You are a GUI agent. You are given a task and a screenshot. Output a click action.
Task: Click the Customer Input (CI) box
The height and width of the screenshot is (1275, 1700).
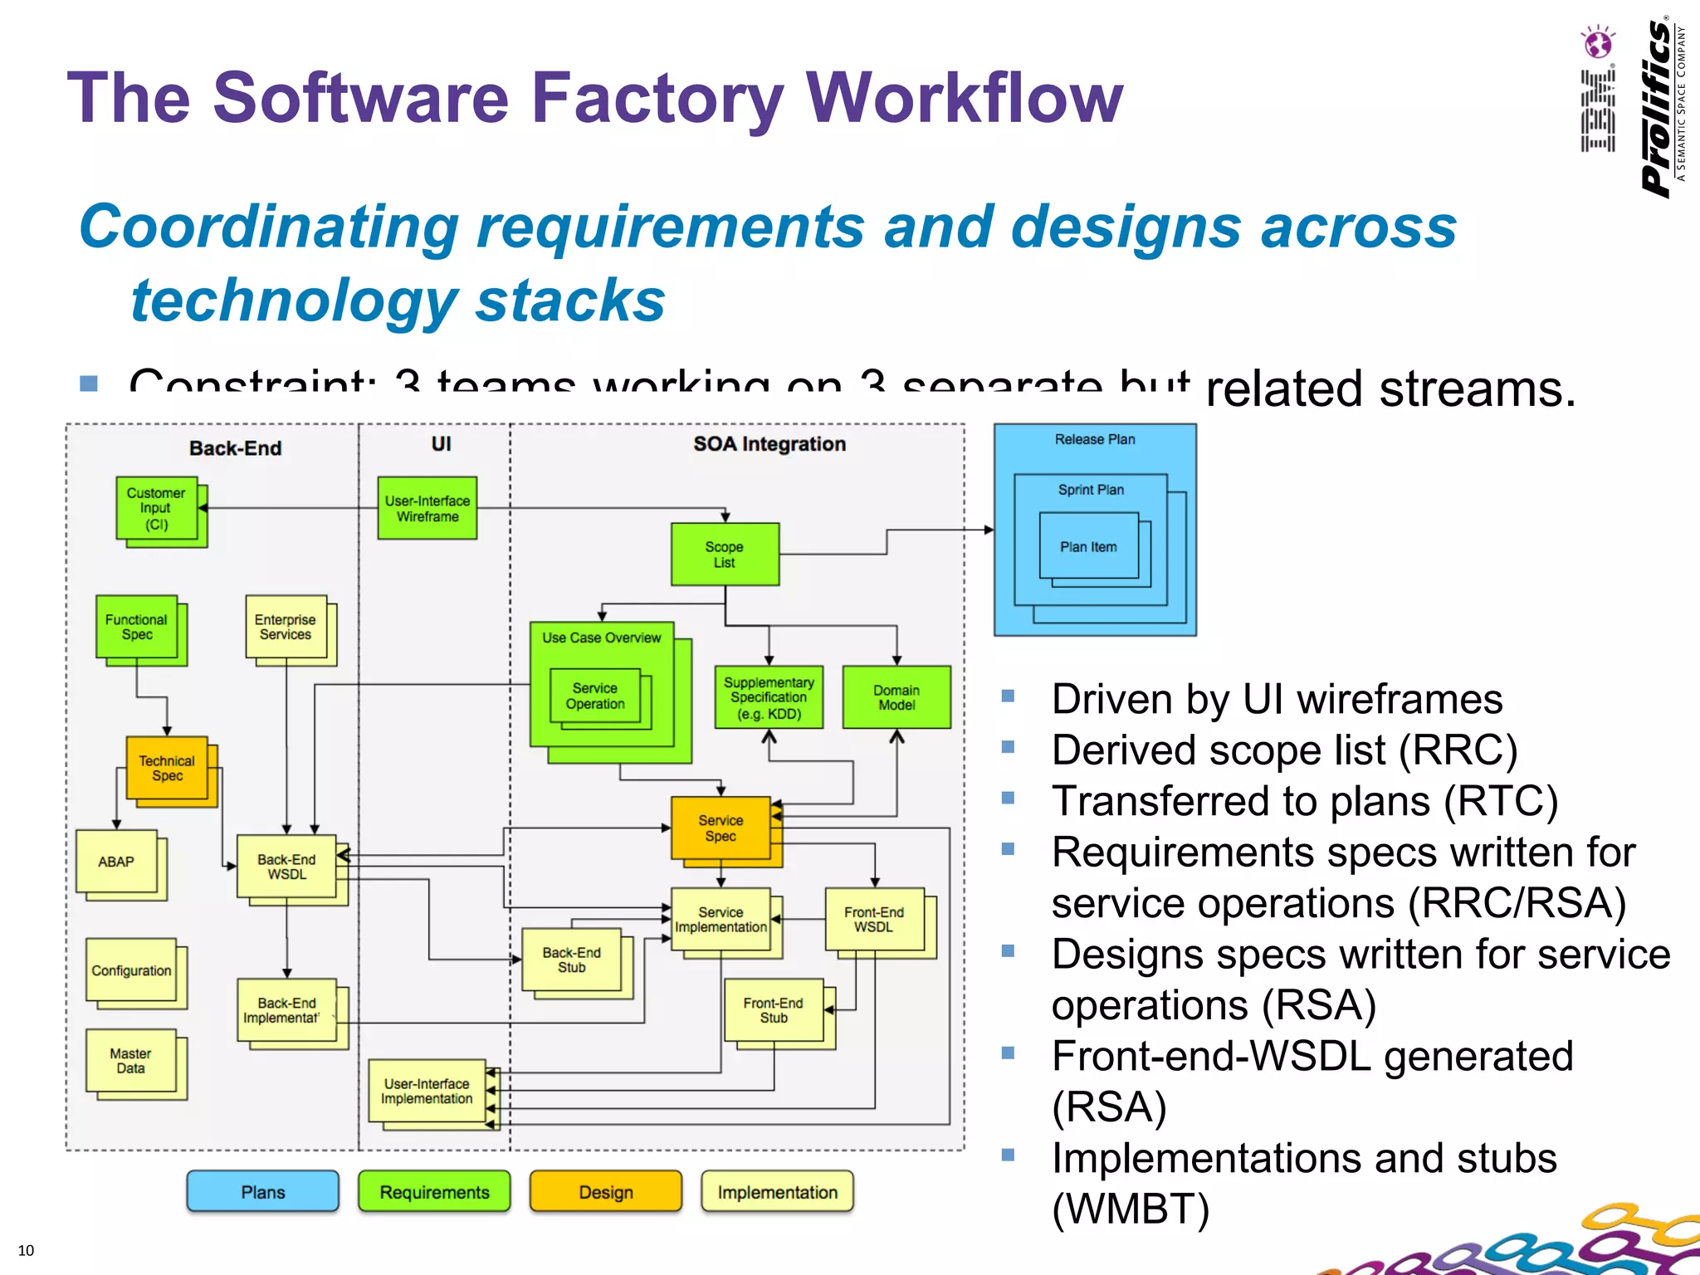tap(157, 508)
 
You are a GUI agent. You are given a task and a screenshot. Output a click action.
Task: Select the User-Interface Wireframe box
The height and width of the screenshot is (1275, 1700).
tap(427, 508)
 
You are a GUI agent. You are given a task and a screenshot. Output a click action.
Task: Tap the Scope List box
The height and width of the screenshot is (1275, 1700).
tap(725, 554)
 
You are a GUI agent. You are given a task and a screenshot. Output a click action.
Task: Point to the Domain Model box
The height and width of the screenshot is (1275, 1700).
tap(896, 697)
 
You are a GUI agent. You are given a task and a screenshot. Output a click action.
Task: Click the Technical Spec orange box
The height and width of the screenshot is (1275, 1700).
tap(167, 768)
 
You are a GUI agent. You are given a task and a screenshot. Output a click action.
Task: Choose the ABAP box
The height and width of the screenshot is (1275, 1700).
tap(116, 862)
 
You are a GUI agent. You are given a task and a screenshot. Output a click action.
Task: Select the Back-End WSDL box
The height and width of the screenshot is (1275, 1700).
tap(286, 867)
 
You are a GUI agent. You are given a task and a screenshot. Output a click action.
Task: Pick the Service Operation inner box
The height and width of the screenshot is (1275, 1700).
tap(595, 696)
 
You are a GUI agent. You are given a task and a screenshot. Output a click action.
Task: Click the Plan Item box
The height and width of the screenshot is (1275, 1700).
tap(1088, 546)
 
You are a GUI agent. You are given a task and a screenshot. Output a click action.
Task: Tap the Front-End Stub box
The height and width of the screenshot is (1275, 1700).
tap(774, 1010)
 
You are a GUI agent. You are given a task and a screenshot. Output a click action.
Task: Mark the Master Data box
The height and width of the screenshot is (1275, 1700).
tap(131, 1061)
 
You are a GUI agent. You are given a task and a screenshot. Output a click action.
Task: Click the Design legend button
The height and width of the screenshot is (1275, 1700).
tap(606, 1192)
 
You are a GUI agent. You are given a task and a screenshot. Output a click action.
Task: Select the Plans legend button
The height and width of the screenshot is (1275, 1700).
tap(263, 1192)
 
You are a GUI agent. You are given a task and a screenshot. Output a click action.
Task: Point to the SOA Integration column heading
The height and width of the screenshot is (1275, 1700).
tap(769, 444)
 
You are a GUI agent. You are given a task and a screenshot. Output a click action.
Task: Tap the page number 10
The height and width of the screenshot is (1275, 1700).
tap(26, 1250)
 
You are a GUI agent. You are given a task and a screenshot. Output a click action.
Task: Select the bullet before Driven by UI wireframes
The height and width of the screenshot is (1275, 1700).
tap(1009, 696)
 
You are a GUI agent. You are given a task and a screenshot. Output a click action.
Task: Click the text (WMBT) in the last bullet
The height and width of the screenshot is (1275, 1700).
tap(1131, 1209)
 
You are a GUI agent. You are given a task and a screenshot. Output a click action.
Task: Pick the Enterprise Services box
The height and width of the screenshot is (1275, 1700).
tap(286, 627)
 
